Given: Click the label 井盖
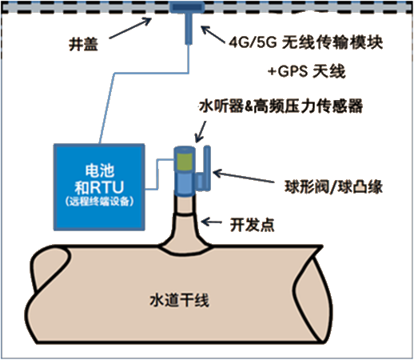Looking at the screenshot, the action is point(83,44).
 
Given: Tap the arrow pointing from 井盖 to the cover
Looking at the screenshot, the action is point(130,28).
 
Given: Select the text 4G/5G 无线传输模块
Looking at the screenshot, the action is point(306,42).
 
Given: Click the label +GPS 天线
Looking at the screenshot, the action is point(307,71).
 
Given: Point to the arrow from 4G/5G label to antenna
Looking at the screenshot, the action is point(213,34).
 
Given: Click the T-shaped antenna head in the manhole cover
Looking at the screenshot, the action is point(187,7).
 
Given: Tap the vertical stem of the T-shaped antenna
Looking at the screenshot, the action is point(189,29).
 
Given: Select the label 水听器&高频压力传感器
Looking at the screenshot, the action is point(281,106).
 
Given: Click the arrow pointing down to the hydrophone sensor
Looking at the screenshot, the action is point(201,131).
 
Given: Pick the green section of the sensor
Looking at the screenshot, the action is point(184,162).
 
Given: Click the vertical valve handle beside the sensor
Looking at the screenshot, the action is point(207,167).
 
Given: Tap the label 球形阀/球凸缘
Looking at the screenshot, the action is point(333,186).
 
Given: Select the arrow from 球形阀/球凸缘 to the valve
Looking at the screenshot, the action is point(244,177).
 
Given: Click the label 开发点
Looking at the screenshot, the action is point(252,225).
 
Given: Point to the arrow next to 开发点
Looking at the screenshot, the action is point(211,222).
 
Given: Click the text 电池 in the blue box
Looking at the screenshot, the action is point(100,170).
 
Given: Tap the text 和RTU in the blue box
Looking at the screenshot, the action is point(99,187).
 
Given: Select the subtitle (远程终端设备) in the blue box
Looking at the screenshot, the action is point(99,202).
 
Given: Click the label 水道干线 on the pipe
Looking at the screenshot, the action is point(180,300).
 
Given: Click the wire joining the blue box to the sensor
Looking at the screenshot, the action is point(158,174).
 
